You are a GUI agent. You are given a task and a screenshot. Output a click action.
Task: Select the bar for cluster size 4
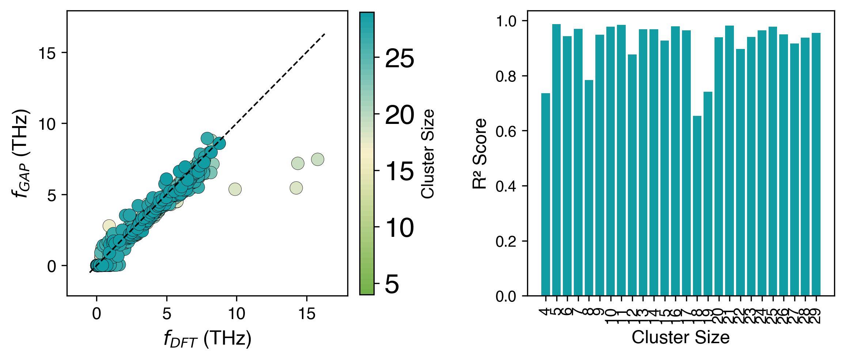click(x=546, y=194)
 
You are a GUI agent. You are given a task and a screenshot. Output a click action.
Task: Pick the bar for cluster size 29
click(x=816, y=164)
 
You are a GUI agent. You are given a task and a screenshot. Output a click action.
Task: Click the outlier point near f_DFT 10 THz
click(x=235, y=189)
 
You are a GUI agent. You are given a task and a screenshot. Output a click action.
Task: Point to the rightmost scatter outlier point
click(x=318, y=159)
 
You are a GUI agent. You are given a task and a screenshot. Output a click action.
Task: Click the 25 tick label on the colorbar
click(x=399, y=58)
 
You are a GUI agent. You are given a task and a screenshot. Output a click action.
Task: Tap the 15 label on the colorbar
click(x=399, y=171)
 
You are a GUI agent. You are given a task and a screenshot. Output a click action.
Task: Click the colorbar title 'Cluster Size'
click(x=428, y=154)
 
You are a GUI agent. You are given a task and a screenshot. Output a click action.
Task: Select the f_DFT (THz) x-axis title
click(x=207, y=338)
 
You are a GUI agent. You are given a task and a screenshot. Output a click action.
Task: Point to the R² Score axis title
click(x=480, y=154)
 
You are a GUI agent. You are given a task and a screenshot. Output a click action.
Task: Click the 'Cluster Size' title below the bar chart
click(x=681, y=337)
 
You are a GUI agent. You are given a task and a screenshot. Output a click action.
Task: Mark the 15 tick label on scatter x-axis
click(x=306, y=314)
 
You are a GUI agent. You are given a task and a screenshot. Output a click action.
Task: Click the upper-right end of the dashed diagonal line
click(x=325, y=34)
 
